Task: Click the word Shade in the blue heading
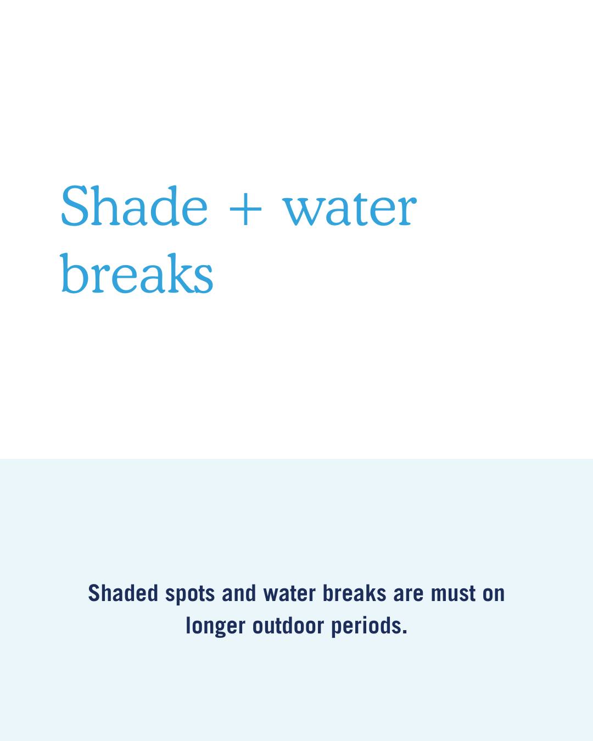click(135, 205)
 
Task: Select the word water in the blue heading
click(349, 209)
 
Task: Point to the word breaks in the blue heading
click(137, 273)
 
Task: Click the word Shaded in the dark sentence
click(123, 593)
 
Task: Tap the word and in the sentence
click(239, 593)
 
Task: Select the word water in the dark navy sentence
click(289, 593)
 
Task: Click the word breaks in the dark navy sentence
click(354, 593)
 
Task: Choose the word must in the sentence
click(453, 594)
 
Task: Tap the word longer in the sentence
click(216, 626)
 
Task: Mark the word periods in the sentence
click(366, 626)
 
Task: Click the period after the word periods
click(405, 632)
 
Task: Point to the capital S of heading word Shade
click(74, 206)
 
